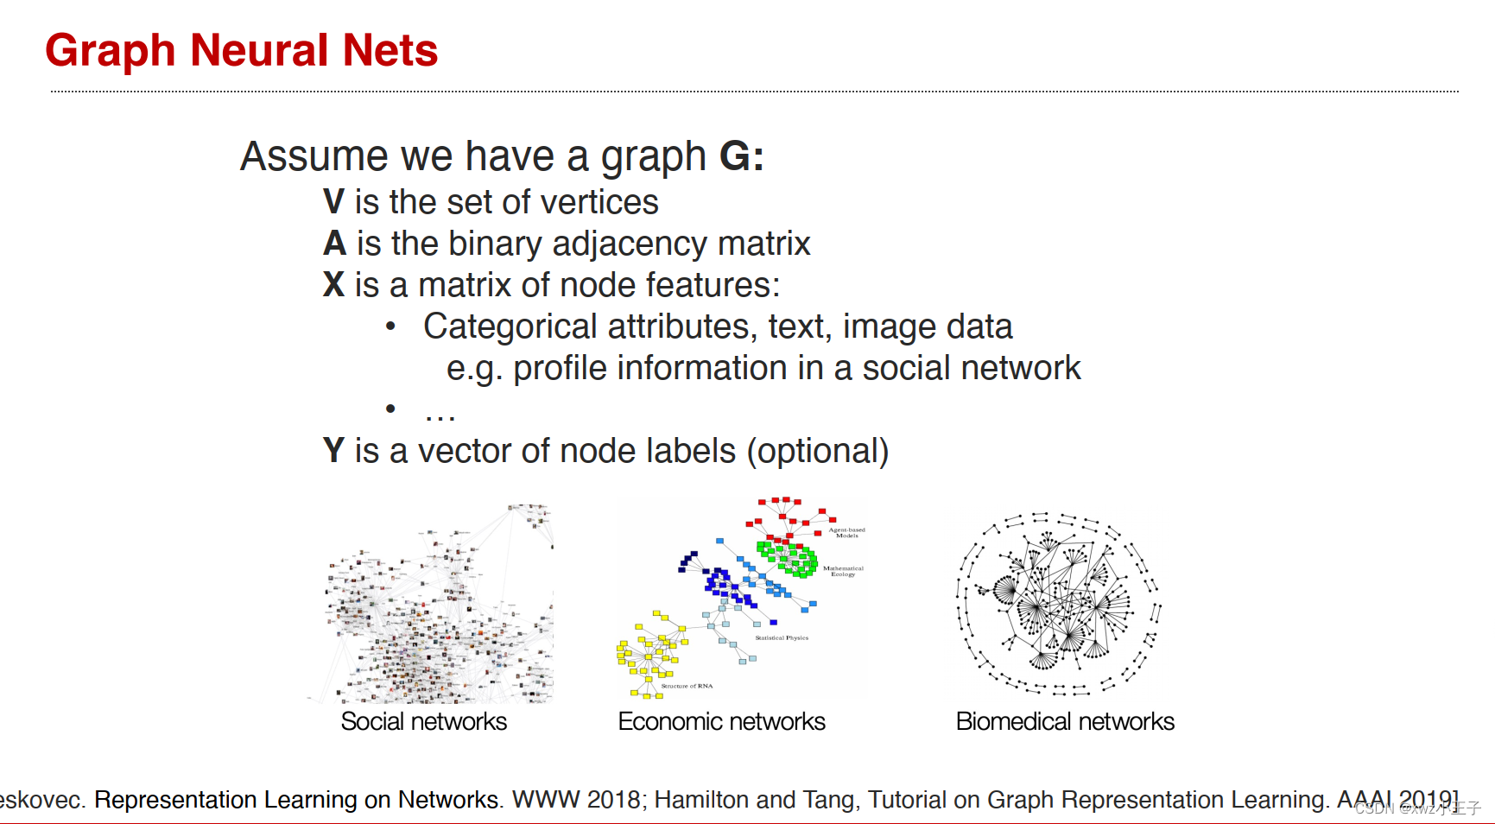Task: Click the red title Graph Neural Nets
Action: (x=241, y=50)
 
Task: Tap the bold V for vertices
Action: (x=333, y=202)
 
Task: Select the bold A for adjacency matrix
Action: (x=334, y=244)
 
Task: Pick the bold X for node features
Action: (x=333, y=285)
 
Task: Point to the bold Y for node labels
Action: (x=333, y=451)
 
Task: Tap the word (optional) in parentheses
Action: (x=817, y=452)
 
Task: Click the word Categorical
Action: (x=510, y=326)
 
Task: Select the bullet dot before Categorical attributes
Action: (x=390, y=326)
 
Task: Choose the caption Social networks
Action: (x=423, y=721)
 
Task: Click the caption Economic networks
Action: (x=721, y=721)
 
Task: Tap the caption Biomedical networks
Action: (x=1065, y=721)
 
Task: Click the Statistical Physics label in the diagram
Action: (x=782, y=637)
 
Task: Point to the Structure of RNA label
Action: (x=687, y=686)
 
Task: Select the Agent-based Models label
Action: (x=846, y=532)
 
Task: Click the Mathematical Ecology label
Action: (x=843, y=571)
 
